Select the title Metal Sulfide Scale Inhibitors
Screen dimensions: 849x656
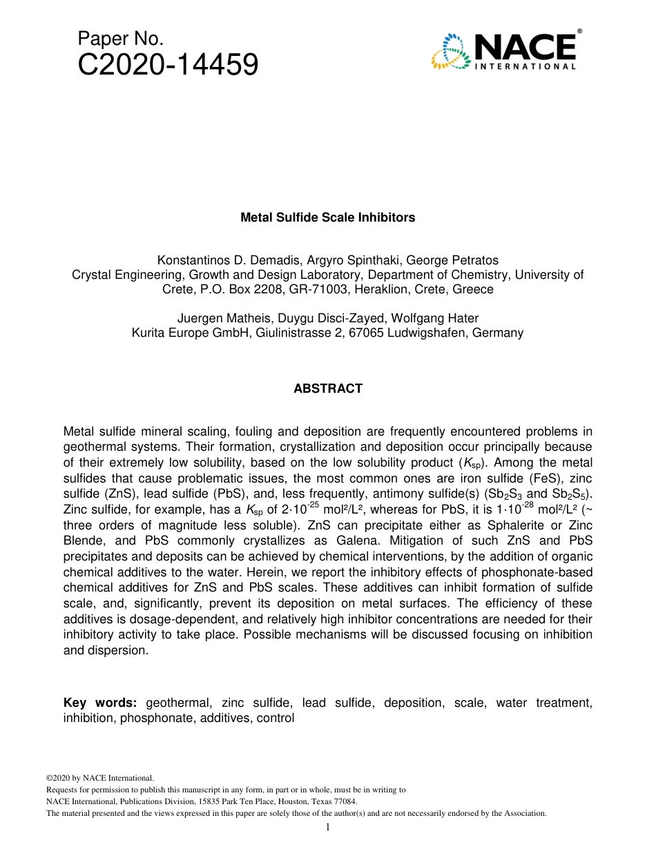(327, 217)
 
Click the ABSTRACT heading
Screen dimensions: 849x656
(327, 389)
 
